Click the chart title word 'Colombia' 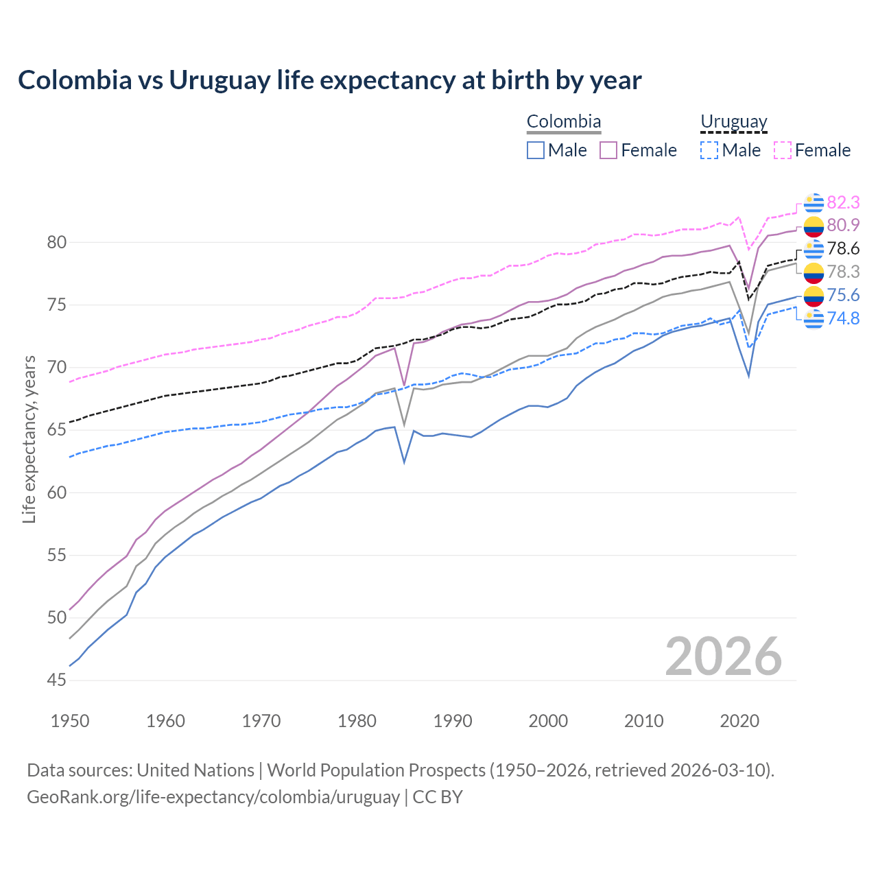point(75,80)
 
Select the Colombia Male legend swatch point(536,150)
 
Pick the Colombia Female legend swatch point(608,150)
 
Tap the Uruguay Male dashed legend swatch point(709,150)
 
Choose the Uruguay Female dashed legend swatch point(783,150)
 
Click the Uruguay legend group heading point(733,122)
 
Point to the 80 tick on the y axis point(57,242)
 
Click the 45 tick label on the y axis point(57,680)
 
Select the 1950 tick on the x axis point(70,721)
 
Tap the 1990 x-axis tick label point(453,721)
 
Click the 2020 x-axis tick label point(739,721)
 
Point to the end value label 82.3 point(843,202)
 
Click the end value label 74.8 point(843,318)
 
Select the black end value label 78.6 point(843,248)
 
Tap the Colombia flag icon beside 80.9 point(814,226)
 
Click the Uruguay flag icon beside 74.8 point(814,318)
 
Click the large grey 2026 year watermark point(723,656)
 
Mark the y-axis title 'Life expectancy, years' point(29,439)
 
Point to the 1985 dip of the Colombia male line point(404,462)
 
